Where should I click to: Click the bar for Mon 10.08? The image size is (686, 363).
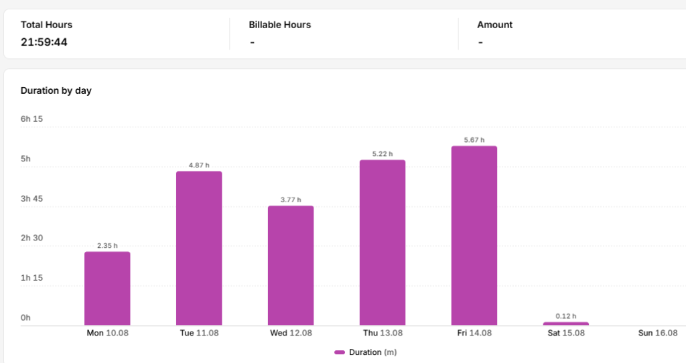coord(107,288)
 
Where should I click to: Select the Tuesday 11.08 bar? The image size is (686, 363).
coord(199,248)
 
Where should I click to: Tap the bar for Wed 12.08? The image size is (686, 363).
coord(291,265)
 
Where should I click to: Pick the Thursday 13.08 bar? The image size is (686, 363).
coord(383,242)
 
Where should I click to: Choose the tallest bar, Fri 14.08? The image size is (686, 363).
coord(474,235)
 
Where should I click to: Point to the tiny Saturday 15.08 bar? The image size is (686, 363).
coord(566,323)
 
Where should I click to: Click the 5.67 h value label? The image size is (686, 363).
coord(474,140)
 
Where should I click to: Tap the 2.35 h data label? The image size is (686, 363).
coord(107,246)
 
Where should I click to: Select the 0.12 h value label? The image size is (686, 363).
coord(566,316)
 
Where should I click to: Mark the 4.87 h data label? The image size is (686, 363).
coord(199,165)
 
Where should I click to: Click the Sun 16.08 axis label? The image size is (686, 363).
coord(658,334)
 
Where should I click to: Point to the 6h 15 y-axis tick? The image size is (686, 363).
coord(32,119)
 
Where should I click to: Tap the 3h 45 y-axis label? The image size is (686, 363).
coord(32,198)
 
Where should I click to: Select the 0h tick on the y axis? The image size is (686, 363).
coord(26,318)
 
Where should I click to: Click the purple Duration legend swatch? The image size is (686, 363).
coord(340,352)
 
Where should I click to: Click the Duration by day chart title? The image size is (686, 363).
coord(56,90)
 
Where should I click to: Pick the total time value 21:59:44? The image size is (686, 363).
coord(44,42)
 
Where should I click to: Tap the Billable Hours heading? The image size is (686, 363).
coord(280,25)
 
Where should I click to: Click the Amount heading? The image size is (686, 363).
coord(495,25)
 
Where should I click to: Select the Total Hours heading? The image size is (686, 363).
coord(46,25)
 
